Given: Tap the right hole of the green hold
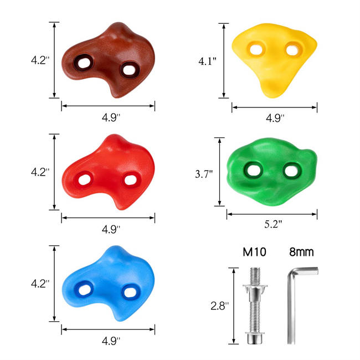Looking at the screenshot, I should [x=290, y=170].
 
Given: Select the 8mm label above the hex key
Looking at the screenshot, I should [x=301, y=253].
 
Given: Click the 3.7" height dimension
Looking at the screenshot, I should [x=205, y=173].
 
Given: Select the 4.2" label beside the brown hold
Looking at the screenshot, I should [x=39, y=60].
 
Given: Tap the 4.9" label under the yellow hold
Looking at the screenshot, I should [x=275, y=118].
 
